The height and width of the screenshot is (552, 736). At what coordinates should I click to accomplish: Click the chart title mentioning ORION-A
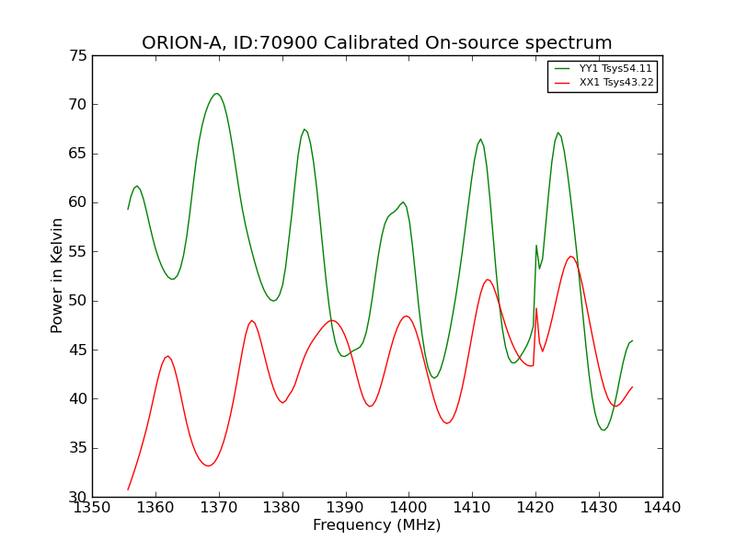click(x=376, y=43)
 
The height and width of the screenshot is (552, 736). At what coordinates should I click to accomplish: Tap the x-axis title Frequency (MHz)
click(x=376, y=525)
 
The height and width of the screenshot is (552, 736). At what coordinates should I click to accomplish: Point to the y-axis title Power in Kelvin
click(x=57, y=276)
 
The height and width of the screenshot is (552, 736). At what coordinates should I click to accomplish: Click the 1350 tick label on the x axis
click(x=92, y=508)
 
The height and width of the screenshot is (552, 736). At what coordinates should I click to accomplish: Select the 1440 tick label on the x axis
click(x=661, y=508)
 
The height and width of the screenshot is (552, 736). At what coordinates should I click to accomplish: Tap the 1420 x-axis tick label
click(x=535, y=508)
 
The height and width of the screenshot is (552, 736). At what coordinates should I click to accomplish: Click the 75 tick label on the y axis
click(x=76, y=56)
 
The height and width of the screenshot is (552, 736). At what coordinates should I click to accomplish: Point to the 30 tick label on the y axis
click(x=76, y=497)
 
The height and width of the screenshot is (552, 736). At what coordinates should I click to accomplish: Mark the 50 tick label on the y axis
click(x=76, y=301)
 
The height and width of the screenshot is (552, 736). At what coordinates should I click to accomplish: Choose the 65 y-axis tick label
click(x=76, y=154)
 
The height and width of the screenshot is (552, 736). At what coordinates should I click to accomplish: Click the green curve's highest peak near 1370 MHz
click(x=217, y=93)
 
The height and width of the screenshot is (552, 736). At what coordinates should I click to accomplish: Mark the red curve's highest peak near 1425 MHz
click(x=570, y=257)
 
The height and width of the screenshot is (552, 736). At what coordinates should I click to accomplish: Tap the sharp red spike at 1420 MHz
click(x=535, y=308)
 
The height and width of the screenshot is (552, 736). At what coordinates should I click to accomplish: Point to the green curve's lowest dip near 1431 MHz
click(x=604, y=430)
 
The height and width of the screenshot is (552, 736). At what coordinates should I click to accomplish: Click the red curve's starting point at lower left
click(x=128, y=489)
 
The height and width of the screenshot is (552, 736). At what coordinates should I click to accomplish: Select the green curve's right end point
click(x=632, y=340)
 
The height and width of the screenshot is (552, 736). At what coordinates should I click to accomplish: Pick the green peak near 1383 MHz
click(x=304, y=129)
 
